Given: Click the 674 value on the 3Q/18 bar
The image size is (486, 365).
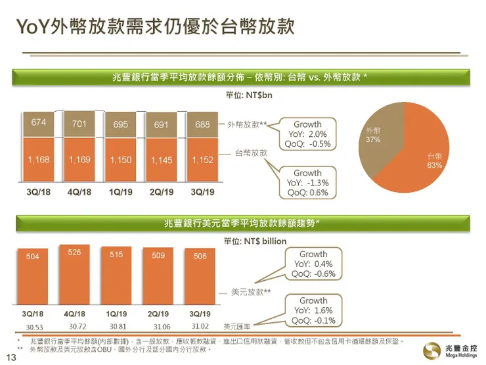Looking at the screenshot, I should point(38,123).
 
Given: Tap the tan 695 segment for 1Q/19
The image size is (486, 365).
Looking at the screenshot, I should point(120,124).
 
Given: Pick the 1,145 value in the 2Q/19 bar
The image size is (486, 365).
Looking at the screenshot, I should point(161,160).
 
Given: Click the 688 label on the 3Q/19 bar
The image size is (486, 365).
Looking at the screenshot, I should point(201,124).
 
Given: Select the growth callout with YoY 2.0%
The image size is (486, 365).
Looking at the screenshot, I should point(307,134).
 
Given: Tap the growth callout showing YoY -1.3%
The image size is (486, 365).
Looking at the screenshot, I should point(307,183).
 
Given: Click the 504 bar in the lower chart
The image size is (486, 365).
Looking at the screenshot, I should point(33,280).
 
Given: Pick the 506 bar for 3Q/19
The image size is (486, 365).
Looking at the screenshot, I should point(200,280).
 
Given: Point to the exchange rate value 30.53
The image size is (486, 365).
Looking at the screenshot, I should point(33,326).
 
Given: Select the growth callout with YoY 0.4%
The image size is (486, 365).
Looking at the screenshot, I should point(313,264).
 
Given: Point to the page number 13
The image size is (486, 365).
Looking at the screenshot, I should point(10,357).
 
